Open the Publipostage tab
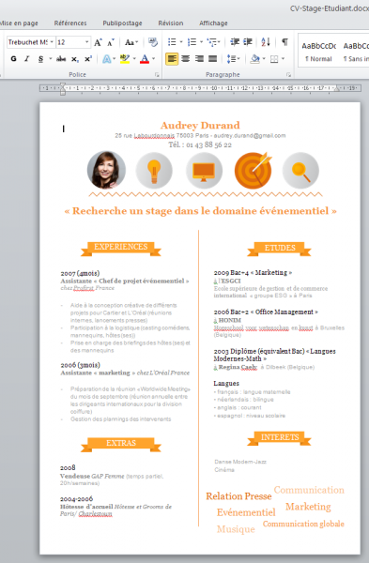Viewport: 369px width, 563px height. pos(123,22)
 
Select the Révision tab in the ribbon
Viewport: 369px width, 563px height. pos(171,22)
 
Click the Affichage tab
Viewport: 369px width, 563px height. pos(213,22)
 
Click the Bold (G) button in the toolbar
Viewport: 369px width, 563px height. pos(13,59)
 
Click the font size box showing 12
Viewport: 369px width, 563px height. pos(69,42)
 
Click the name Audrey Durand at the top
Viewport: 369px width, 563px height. pos(200,125)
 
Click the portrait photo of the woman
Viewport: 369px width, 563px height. pos(106,170)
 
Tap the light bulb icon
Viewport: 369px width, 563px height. pos(154,170)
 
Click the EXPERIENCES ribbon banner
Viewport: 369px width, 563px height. pos(122,248)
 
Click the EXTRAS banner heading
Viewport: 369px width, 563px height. pos(121,443)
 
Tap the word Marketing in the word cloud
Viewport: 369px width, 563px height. pos(308,507)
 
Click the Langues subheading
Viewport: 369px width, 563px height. pos(226,384)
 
